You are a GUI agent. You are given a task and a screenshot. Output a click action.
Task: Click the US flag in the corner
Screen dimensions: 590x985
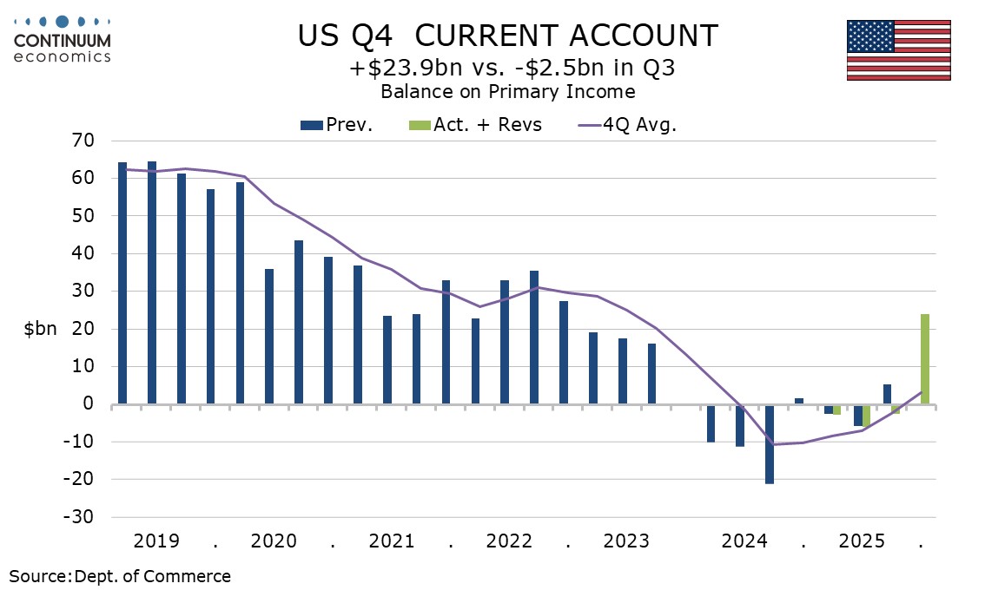click(x=898, y=50)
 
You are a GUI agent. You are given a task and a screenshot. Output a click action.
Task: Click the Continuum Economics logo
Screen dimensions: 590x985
click(x=62, y=40)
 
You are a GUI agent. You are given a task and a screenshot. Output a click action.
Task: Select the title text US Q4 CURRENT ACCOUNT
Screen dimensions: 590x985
click(x=508, y=36)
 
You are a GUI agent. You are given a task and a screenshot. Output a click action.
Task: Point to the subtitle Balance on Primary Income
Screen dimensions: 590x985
click(x=508, y=91)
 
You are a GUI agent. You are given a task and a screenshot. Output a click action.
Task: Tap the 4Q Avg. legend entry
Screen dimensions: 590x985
click(x=626, y=125)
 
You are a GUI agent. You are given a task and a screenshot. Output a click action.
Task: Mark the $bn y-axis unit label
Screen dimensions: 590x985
click(x=40, y=330)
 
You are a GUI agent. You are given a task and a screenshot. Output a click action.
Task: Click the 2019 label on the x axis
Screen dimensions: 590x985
click(x=157, y=541)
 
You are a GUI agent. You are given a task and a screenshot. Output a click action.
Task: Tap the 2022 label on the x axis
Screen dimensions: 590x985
click(x=509, y=541)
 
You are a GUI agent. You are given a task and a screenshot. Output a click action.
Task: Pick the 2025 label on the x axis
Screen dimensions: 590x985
click(x=862, y=541)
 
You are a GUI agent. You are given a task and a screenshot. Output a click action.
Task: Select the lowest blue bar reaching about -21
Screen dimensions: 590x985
click(x=770, y=443)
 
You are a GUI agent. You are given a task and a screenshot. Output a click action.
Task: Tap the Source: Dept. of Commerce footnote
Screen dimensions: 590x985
click(x=121, y=576)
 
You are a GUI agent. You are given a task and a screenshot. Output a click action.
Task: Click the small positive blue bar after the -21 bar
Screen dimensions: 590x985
click(x=799, y=401)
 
